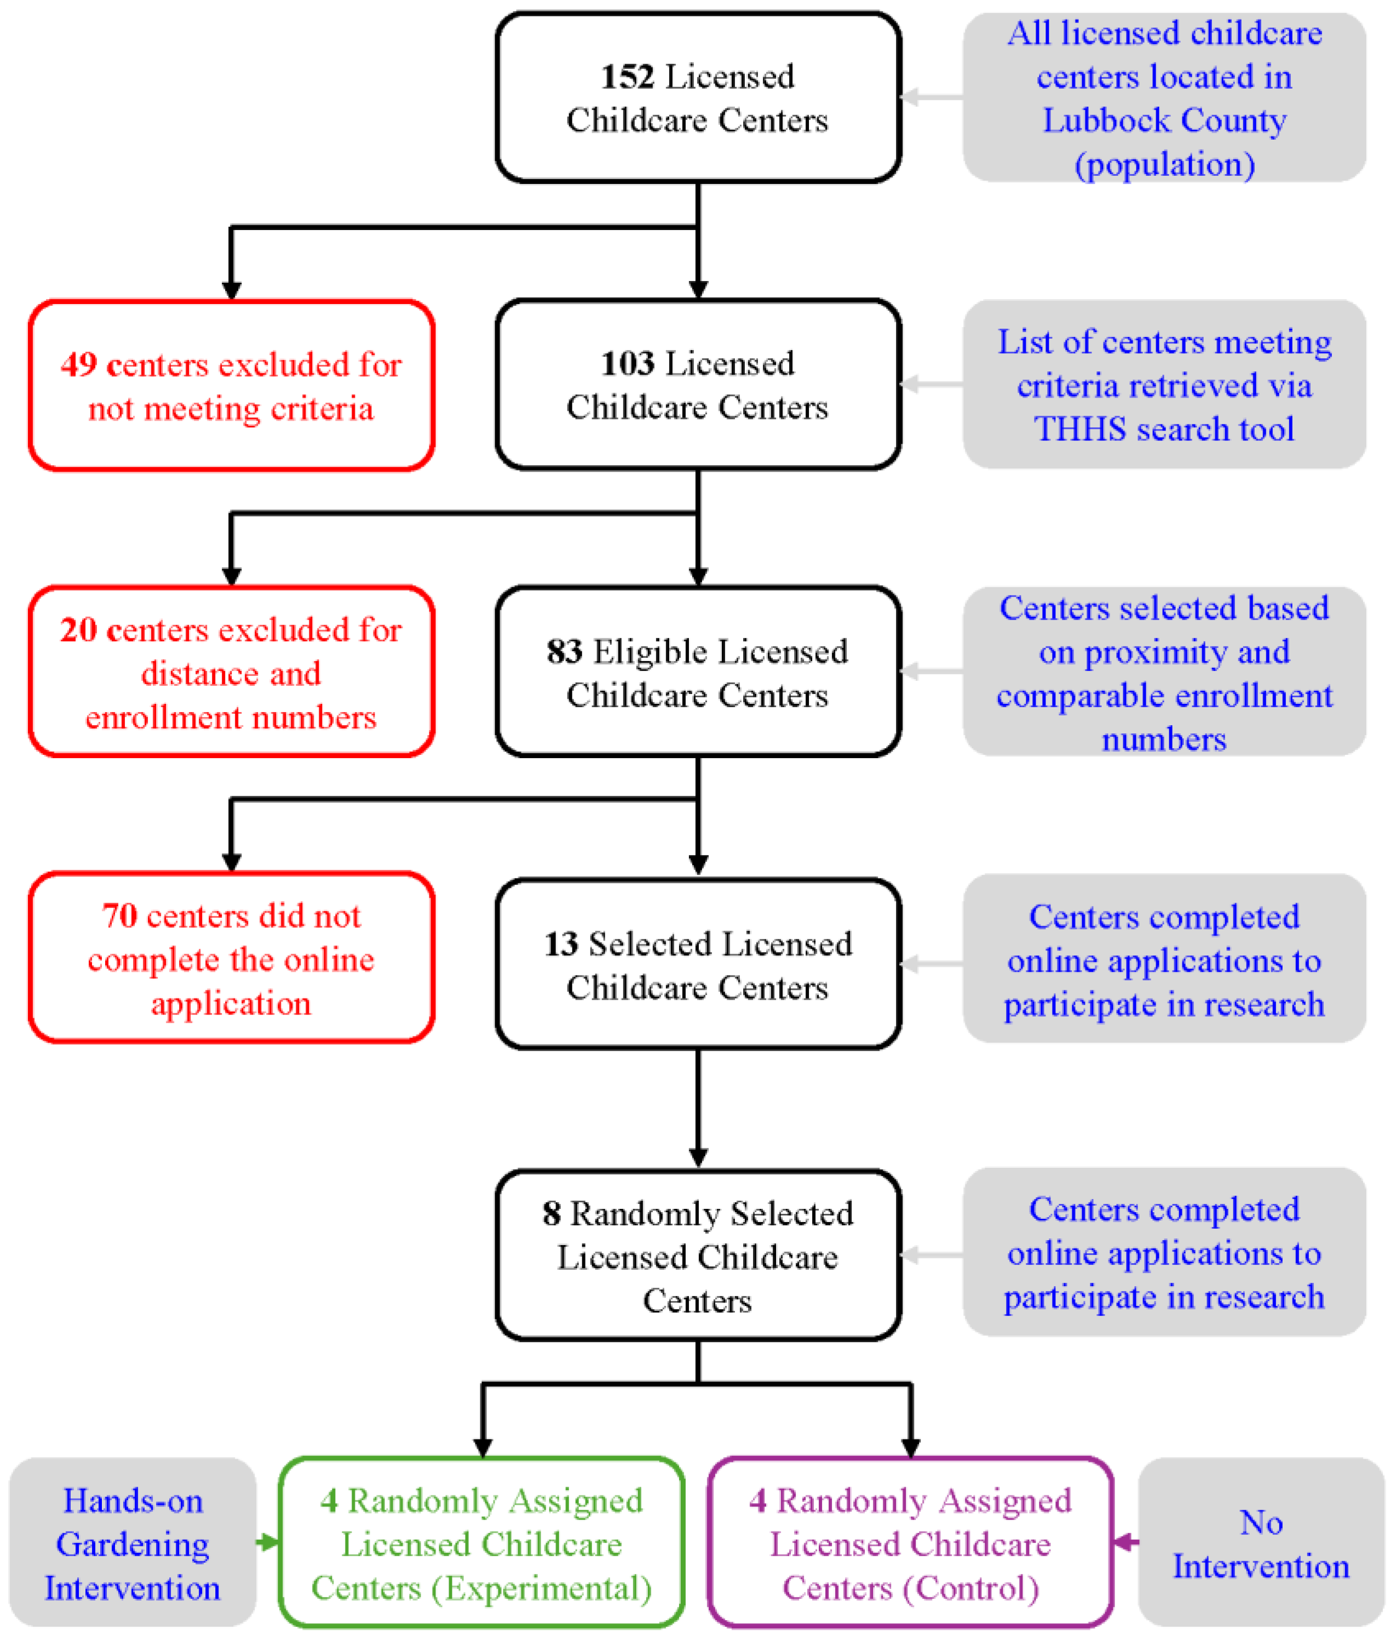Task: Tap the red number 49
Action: pos(78,365)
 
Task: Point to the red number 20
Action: pos(78,630)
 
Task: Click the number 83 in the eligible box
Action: pos(564,651)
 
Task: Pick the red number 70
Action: pos(119,916)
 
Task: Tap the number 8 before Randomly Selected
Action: pos(551,1213)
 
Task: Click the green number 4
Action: pos(329,1501)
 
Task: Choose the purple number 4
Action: pos(757,1501)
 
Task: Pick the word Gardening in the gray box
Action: pos(133,1544)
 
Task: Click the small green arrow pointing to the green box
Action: pos(267,1542)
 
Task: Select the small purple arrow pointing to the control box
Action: pos(1125,1542)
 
